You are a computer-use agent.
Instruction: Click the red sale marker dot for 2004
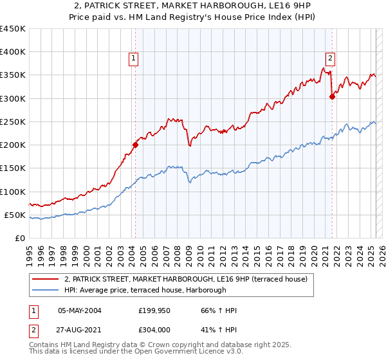point(136,145)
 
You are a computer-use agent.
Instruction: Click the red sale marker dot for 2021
point(333,96)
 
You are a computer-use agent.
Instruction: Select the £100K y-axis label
point(13,192)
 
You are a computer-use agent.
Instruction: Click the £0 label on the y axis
point(20,238)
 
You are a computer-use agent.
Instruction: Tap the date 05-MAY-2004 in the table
point(80,310)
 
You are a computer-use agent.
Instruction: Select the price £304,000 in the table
point(155,330)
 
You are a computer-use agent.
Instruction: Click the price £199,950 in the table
point(155,310)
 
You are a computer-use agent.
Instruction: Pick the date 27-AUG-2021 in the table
point(80,330)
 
